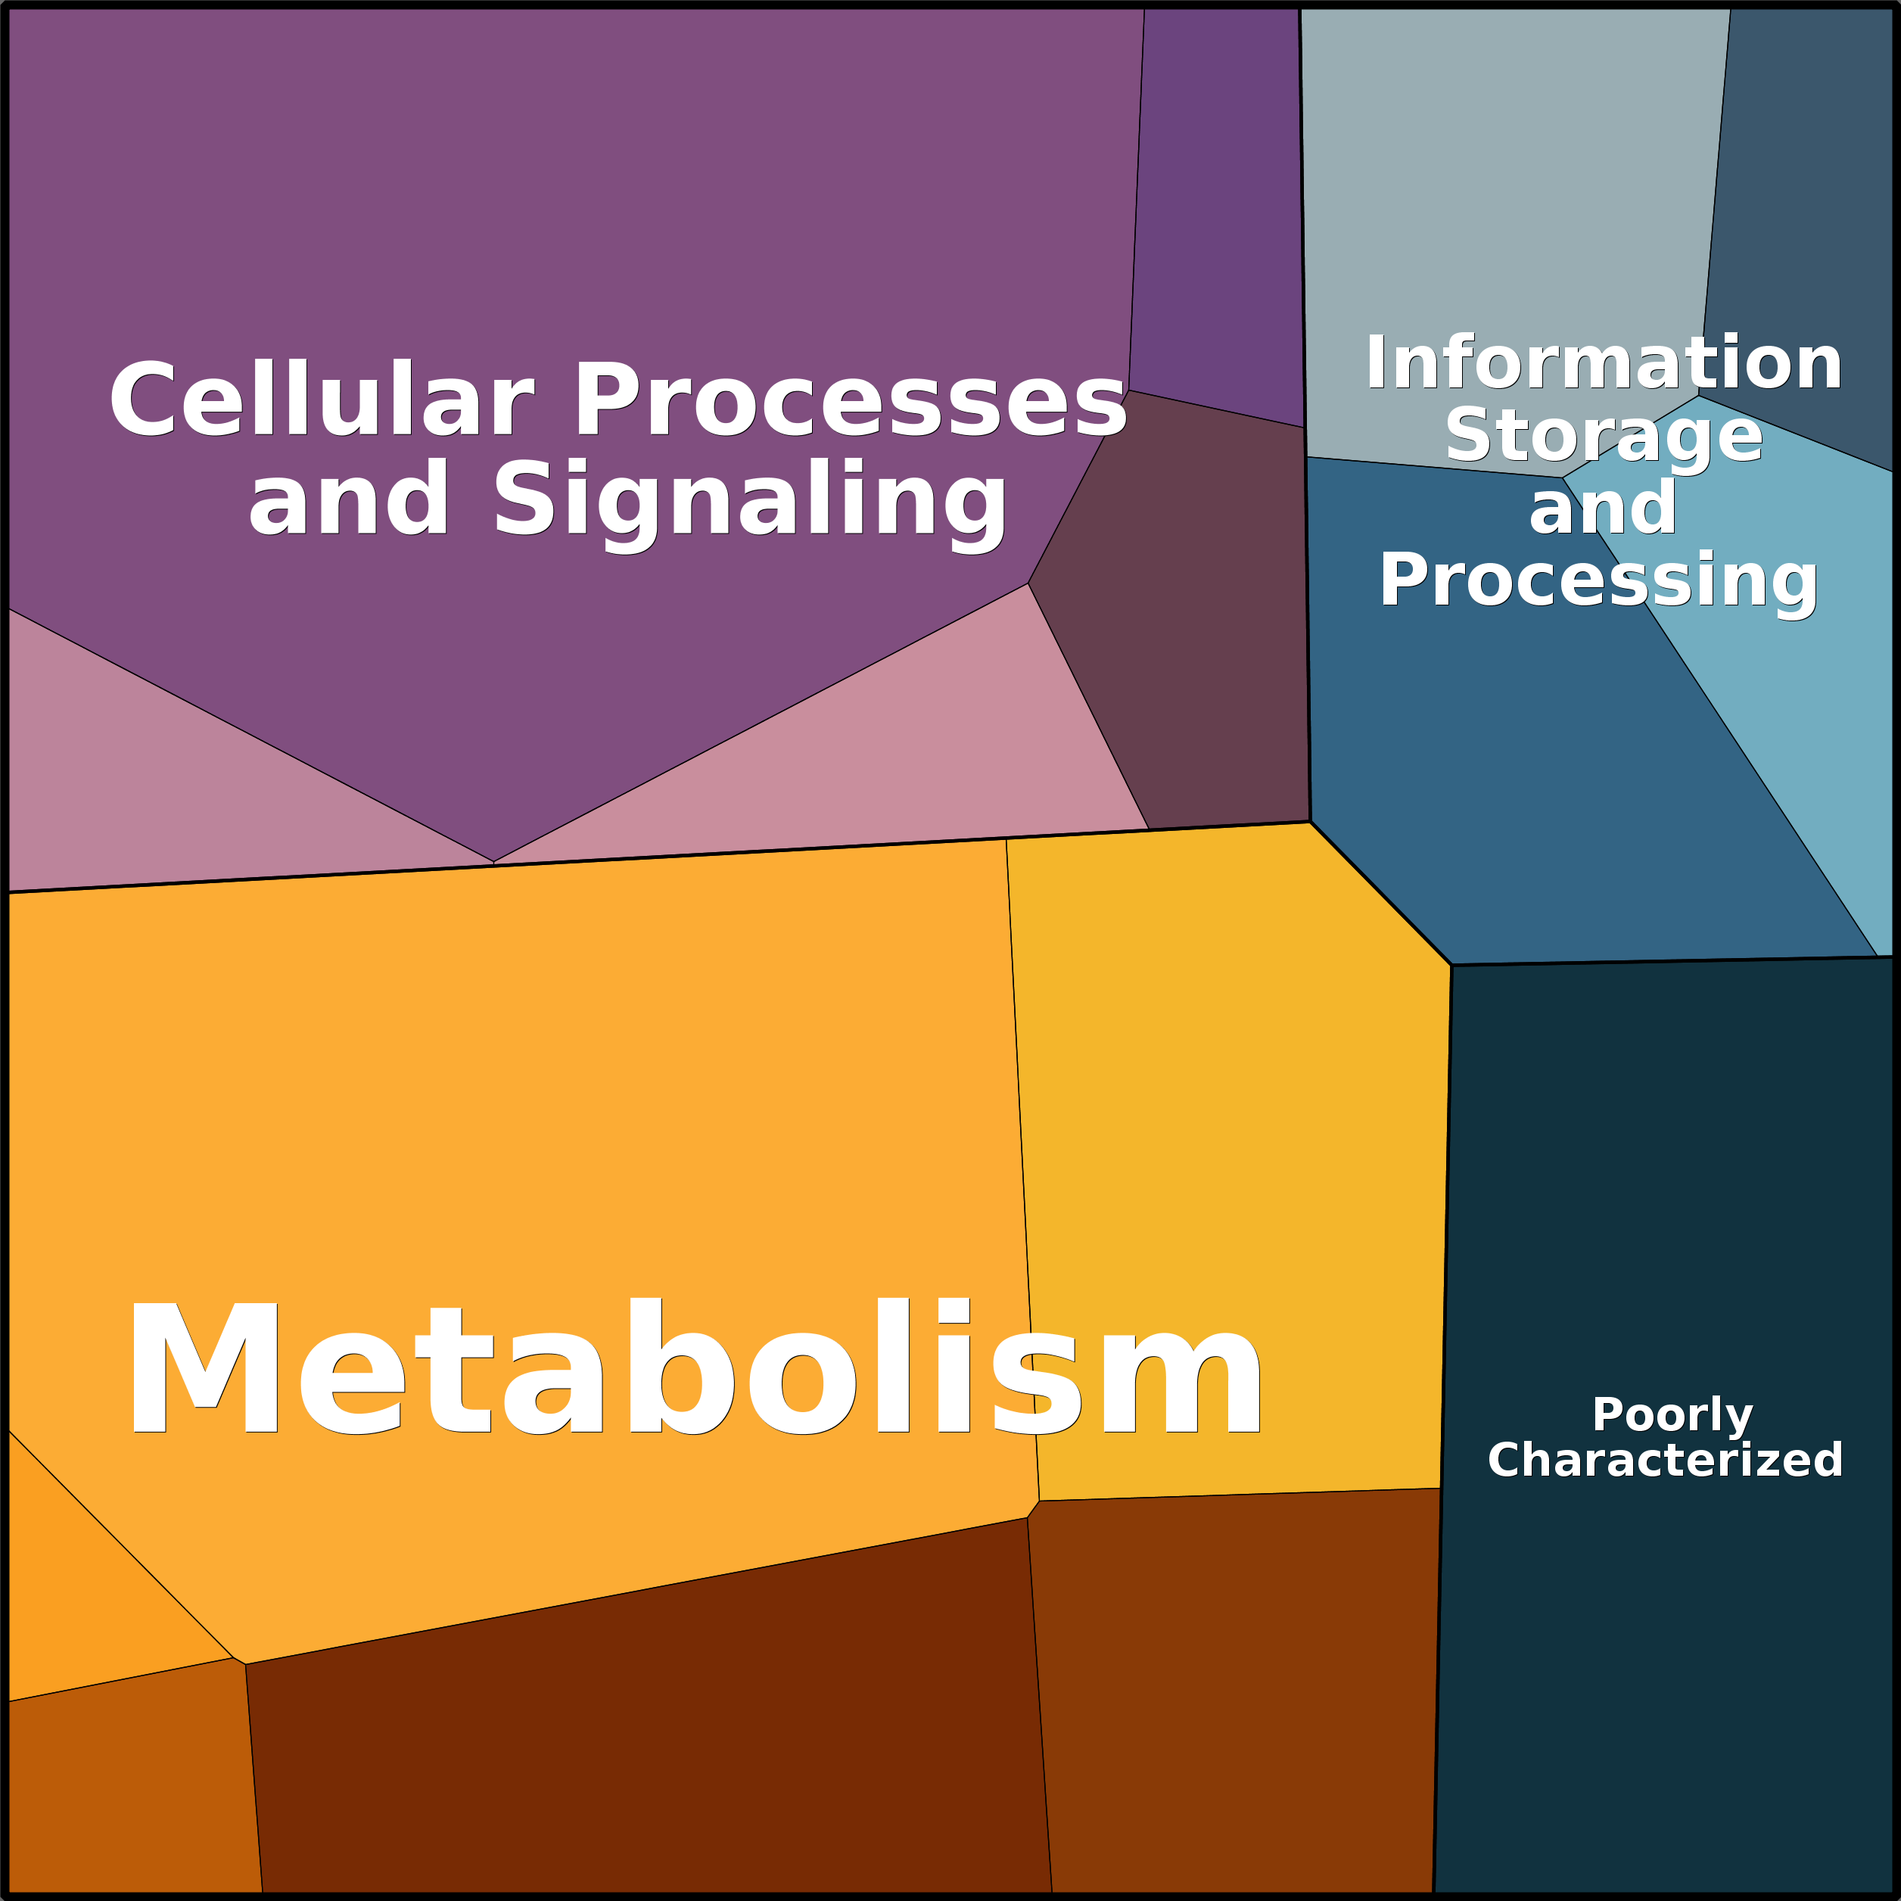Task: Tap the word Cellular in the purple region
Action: tap(321, 400)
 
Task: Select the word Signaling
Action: tap(750, 501)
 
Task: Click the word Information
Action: tap(1603, 364)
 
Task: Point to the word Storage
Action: tap(1603, 436)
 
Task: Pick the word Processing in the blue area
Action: tap(1598, 580)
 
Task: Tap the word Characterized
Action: tap(1665, 1461)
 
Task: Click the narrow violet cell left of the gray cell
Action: tap(1220, 197)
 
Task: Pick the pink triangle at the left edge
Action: tap(148, 787)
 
